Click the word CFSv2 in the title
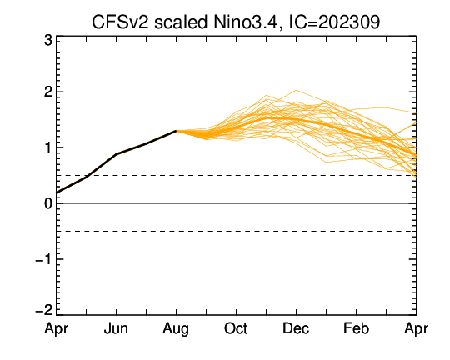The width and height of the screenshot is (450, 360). click(121, 22)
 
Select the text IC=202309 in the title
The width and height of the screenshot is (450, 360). click(334, 22)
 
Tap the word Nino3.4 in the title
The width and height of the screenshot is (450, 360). click(246, 22)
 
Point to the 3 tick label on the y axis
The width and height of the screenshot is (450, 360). click(48, 41)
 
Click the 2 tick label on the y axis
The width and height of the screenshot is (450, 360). click(48, 92)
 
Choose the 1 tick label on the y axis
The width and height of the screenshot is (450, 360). click(48, 147)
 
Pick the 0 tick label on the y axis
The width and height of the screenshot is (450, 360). click(48, 203)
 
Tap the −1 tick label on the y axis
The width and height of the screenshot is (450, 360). click(43, 259)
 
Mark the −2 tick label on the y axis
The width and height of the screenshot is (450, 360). click(43, 310)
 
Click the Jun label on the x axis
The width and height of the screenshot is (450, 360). click(116, 328)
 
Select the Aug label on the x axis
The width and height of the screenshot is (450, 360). click(176, 329)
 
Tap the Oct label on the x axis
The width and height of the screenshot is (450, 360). click(236, 328)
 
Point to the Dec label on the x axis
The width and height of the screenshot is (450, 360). click(296, 328)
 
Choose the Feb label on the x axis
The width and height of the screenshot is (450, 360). click(356, 328)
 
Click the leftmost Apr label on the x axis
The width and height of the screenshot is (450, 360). click(57, 329)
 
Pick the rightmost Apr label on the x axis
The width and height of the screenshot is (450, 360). click(416, 329)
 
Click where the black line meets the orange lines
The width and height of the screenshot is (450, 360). click(176, 131)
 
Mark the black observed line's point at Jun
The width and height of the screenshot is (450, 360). click(116, 154)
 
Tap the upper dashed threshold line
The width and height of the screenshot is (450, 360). click(236, 175)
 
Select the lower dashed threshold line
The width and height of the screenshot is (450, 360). click(236, 231)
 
